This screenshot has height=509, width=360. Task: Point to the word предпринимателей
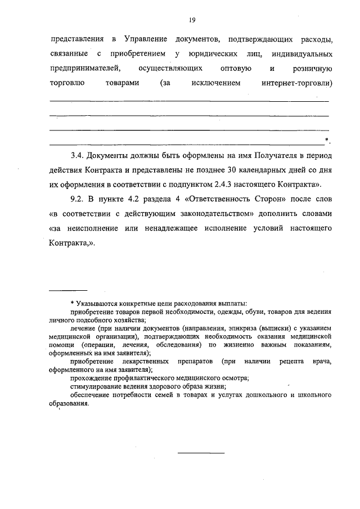point(85,69)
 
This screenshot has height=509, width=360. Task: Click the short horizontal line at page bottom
point(201,452)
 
